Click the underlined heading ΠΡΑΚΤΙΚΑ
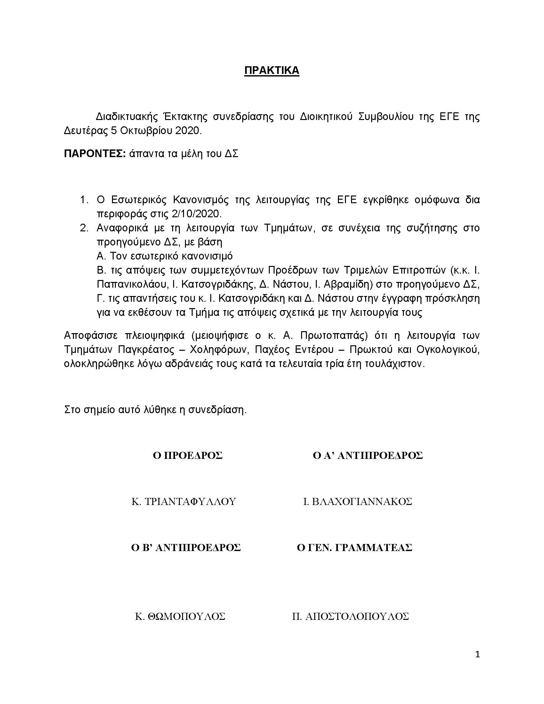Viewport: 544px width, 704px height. click(x=272, y=70)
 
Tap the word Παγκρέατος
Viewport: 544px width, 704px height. click(x=147, y=350)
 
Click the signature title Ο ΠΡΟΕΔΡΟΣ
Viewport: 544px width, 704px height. click(x=188, y=455)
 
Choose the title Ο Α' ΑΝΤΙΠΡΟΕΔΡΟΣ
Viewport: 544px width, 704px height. click(x=368, y=455)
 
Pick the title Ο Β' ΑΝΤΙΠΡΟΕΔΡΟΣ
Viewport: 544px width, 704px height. click(x=186, y=548)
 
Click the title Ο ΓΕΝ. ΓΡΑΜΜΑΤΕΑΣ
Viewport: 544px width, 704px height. click(x=355, y=548)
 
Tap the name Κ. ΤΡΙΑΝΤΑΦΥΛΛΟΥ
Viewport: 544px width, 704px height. click(x=184, y=501)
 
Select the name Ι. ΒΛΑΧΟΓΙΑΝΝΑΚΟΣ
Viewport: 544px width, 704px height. click(x=358, y=501)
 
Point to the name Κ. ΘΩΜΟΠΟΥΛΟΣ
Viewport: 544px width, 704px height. click(x=180, y=617)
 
